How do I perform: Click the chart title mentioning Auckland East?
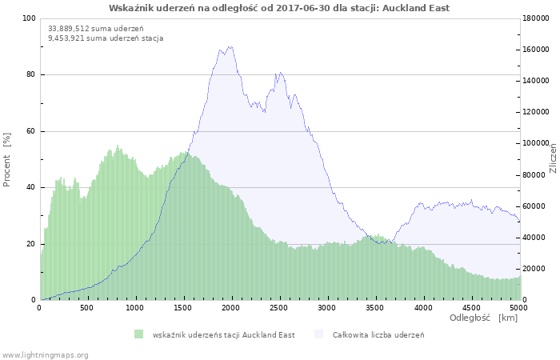point(279,8)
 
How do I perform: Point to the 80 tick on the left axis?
point(30,75)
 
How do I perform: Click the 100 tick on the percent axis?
point(28,18)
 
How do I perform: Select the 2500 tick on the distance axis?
point(279,307)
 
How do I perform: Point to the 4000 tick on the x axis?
point(423,307)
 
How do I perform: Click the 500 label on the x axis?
point(87,307)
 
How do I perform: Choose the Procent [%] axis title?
point(7,159)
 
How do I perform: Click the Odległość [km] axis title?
point(483,318)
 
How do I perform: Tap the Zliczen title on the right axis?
point(553,159)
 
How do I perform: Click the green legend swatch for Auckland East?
point(138,334)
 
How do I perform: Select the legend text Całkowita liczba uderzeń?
point(378,334)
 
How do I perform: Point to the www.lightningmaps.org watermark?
point(45,354)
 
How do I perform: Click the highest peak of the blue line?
point(231,46)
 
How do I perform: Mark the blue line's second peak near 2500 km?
point(278,73)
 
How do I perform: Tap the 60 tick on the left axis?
point(30,131)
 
